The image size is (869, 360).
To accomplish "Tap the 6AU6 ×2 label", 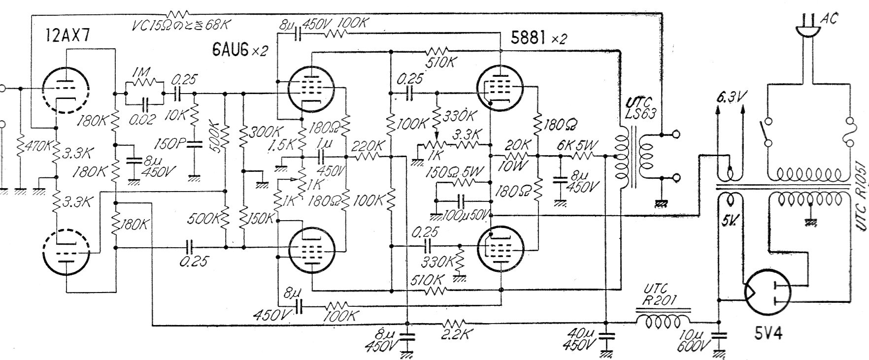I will [x=239, y=48].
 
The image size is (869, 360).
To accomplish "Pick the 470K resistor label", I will [x=31, y=146].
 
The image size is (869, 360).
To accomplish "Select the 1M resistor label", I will [x=143, y=72].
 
